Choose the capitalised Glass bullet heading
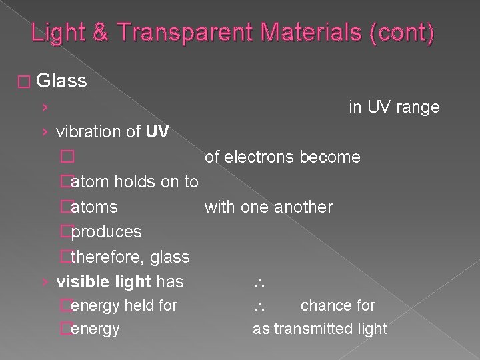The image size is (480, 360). [x=62, y=81]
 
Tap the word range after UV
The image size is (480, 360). [x=417, y=107]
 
